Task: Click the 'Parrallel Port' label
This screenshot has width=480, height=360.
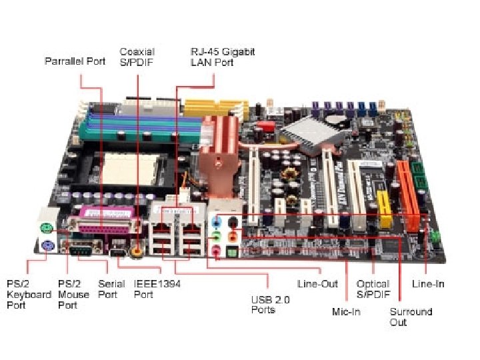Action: (75, 61)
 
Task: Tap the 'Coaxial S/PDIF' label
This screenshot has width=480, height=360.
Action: (137, 57)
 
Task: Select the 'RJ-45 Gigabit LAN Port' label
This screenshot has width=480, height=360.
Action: (223, 57)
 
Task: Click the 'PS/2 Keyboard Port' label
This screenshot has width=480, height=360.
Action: (29, 294)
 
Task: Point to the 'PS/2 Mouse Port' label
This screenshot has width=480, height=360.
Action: (73, 294)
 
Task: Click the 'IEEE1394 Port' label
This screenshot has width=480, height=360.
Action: (157, 289)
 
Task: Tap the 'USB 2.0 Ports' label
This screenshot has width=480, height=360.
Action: (270, 305)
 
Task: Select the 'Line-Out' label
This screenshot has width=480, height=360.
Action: (318, 284)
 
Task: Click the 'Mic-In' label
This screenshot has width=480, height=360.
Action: (346, 311)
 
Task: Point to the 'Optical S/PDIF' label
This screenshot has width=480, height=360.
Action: (373, 289)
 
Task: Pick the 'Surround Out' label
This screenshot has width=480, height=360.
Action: (411, 317)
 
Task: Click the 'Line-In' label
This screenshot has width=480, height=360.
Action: (428, 284)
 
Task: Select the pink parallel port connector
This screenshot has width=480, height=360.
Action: (109, 225)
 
